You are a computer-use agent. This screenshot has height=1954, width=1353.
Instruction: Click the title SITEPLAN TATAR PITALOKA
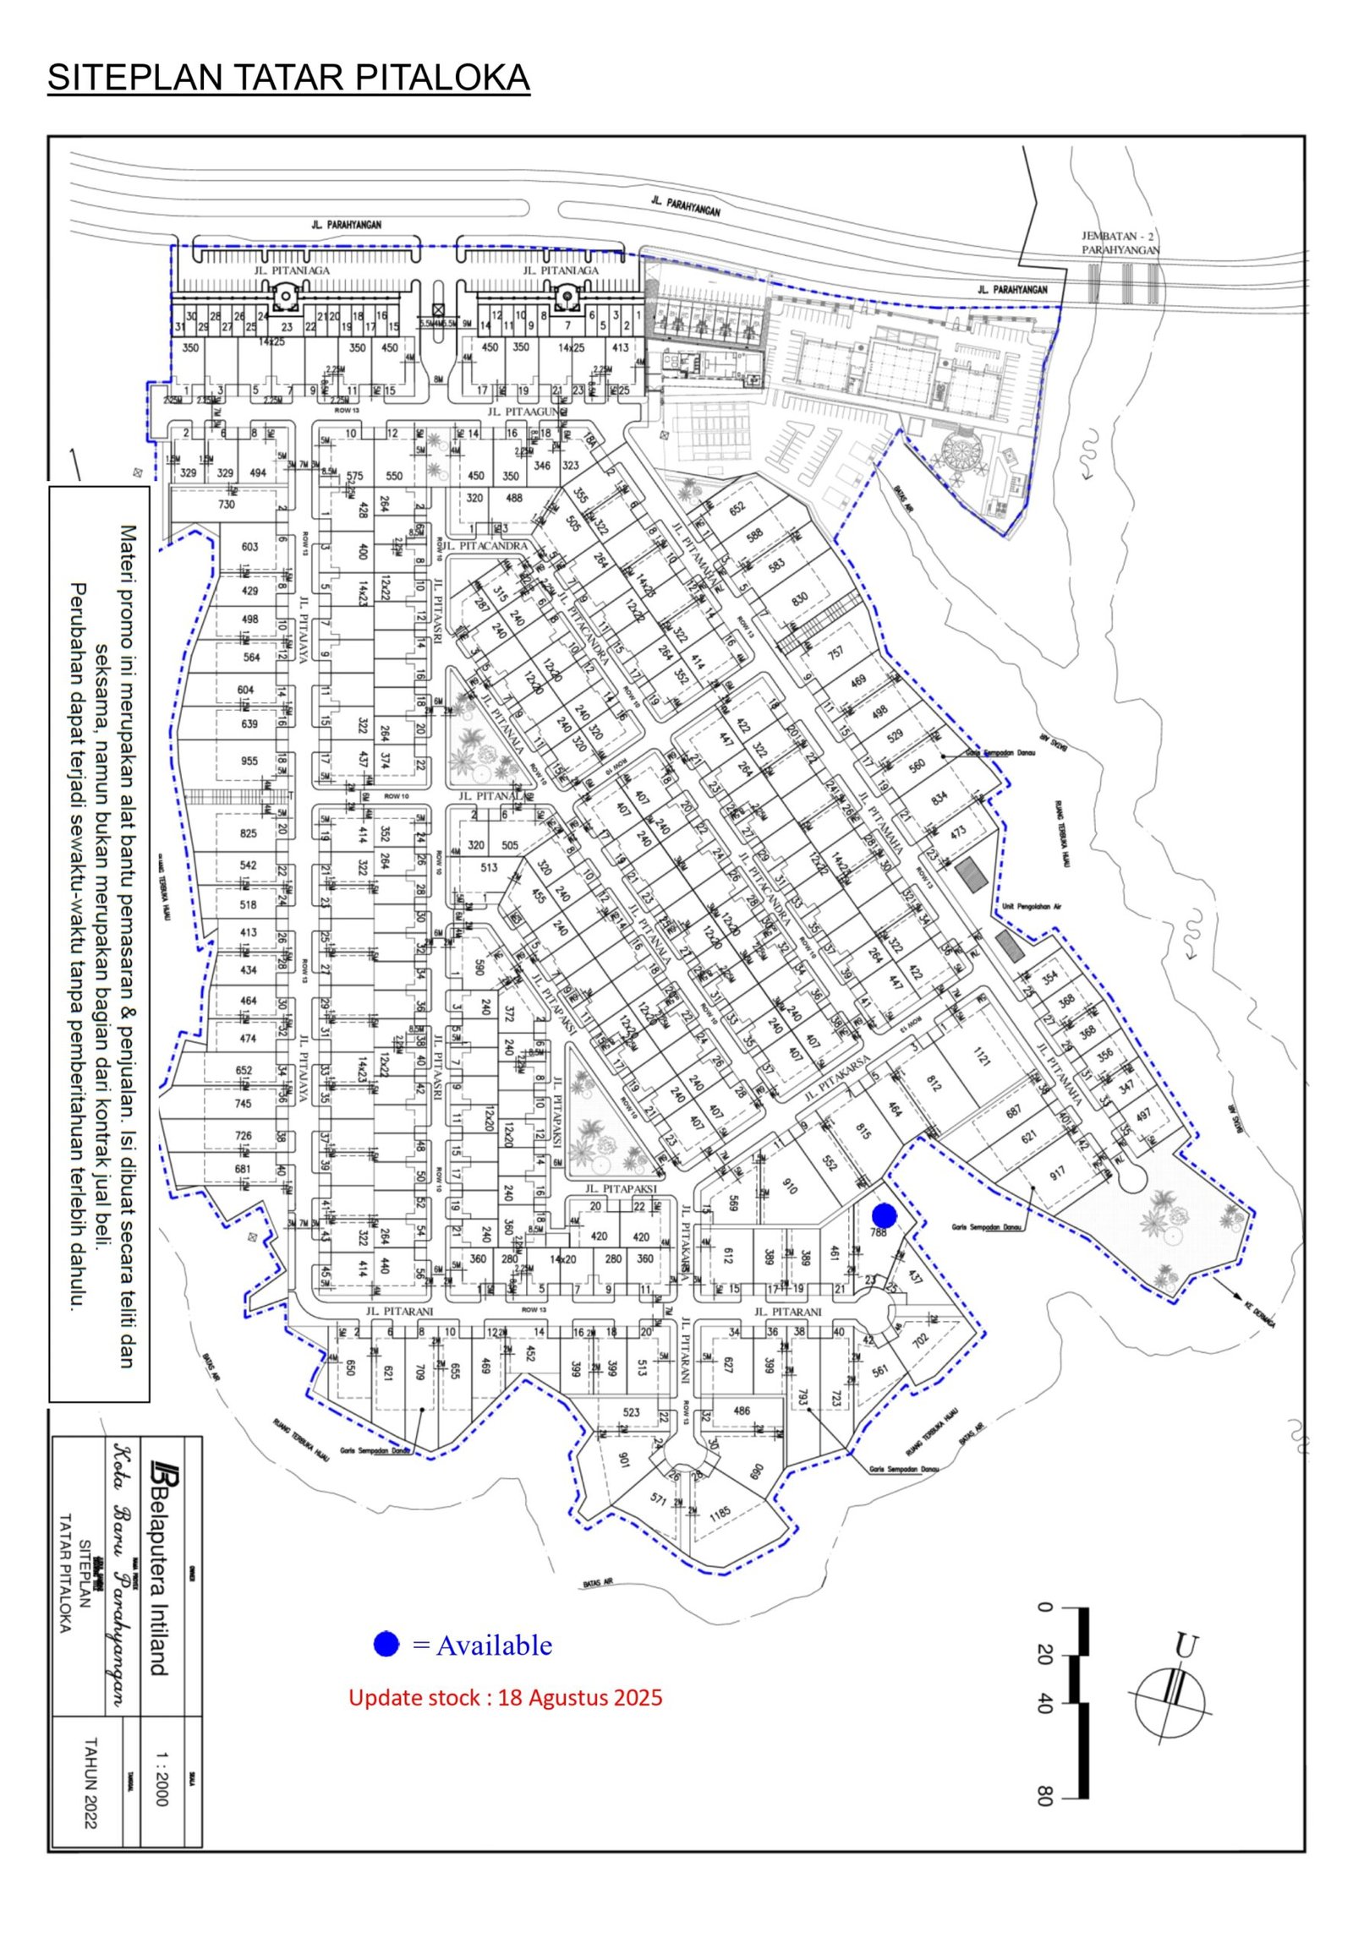coord(288,78)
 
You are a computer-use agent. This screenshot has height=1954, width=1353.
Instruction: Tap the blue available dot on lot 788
coord(885,1215)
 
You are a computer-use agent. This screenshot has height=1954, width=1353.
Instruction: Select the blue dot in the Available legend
coord(386,1645)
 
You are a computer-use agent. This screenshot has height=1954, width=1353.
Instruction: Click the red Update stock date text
coord(505,1697)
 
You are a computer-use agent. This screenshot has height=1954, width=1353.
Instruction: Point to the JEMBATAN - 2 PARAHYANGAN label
coord(1120,243)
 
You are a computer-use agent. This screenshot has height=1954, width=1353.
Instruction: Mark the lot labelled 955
coord(249,761)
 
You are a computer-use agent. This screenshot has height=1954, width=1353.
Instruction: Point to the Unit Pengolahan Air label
coord(1031,907)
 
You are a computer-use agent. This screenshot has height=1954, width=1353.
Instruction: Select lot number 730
coord(227,505)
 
